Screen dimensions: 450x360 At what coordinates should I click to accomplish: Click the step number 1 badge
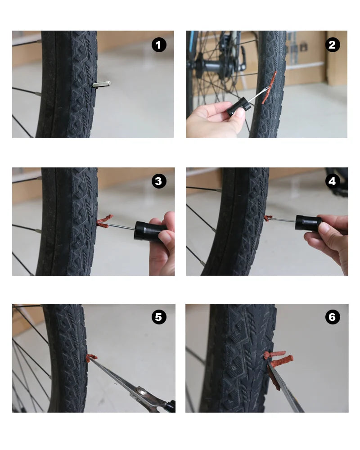(x=158, y=45)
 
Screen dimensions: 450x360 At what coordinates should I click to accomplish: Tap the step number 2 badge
(x=332, y=45)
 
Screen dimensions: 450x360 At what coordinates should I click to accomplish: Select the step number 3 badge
(x=158, y=181)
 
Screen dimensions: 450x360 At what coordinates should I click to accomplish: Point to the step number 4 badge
(x=332, y=181)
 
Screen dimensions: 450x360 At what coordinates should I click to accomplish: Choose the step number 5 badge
(x=158, y=317)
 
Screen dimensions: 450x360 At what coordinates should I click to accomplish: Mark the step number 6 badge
(x=332, y=317)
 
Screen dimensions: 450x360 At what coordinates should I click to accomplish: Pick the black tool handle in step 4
(x=307, y=223)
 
